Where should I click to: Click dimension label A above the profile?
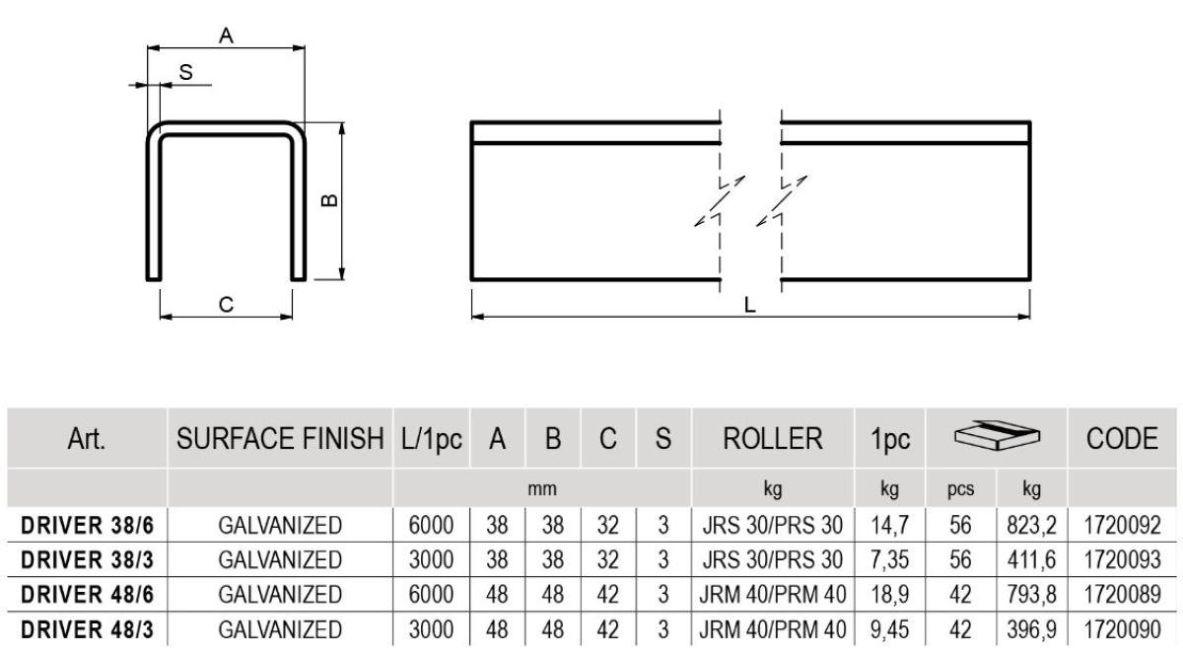point(226,36)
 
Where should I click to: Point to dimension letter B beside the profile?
point(330,200)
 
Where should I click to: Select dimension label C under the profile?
point(226,305)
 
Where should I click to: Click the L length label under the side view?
point(750,306)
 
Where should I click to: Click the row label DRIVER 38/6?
point(88,526)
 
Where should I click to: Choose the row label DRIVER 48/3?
point(88,629)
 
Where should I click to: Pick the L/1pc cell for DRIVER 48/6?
point(431,595)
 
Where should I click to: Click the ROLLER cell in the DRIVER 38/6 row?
point(773,526)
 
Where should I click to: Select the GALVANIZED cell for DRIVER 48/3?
point(280,629)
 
